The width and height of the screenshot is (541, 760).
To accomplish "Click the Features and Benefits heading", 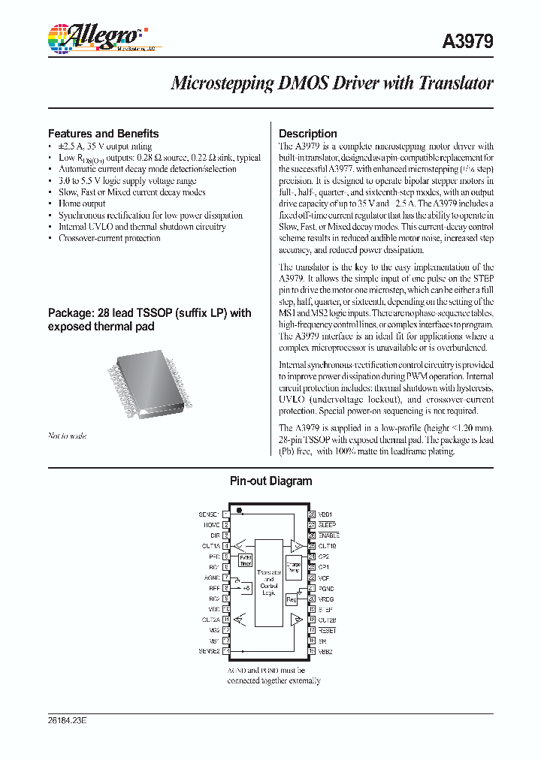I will pos(103,134).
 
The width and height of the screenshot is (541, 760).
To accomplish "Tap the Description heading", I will pos(308,134).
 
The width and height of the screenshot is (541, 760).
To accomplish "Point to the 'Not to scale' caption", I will pos(67,436).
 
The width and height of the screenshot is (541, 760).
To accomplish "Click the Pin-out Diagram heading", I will pos(270,481).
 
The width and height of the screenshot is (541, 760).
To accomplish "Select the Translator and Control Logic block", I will pos(268,582).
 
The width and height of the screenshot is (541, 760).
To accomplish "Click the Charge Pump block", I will pos(294,566).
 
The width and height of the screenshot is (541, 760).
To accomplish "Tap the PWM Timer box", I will pos(246,559).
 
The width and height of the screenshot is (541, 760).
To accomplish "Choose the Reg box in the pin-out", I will pos(292,599).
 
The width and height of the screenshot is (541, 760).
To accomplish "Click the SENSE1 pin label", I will pos(210,514).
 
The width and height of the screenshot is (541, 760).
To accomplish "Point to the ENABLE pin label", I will pos(329,535).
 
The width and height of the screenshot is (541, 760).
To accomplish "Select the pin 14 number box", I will pos(226,651).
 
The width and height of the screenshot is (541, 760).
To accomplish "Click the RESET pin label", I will pos(328,631).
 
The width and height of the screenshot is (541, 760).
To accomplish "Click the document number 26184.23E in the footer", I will pos(68,720).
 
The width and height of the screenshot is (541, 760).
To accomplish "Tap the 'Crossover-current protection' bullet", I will pos(109,238).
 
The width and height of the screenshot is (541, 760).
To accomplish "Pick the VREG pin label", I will pos(326,599).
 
